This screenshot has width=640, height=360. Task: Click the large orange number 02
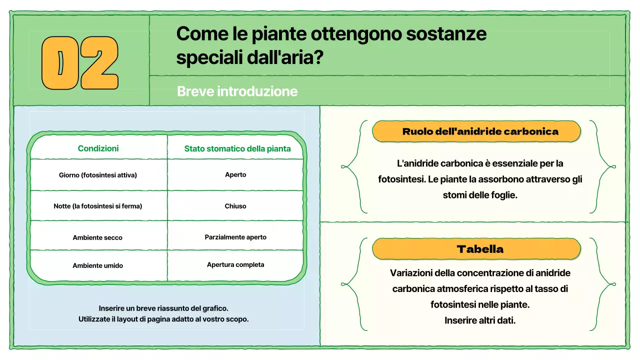pyautogui.click(x=80, y=62)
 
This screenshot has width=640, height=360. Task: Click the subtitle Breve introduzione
pyautogui.click(x=237, y=91)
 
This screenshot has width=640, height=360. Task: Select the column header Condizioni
pyautogui.click(x=98, y=148)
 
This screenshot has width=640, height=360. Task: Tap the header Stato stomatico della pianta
pyautogui.click(x=237, y=148)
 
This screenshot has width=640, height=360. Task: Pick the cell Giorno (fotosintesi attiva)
pyautogui.click(x=98, y=175)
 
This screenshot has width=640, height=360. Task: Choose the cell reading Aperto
pyautogui.click(x=235, y=175)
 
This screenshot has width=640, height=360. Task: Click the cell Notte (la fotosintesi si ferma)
pyautogui.click(x=98, y=206)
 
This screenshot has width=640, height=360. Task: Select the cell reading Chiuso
pyautogui.click(x=235, y=206)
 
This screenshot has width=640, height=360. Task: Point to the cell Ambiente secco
pyautogui.click(x=97, y=237)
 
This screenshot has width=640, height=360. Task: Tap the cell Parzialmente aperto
pyautogui.click(x=235, y=237)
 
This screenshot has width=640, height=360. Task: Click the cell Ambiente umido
pyautogui.click(x=97, y=265)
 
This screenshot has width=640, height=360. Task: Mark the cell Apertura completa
pyautogui.click(x=235, y=264)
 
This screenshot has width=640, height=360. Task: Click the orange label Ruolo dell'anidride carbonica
pyautogui.click(x=480, y=131)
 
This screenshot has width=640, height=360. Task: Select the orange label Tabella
pyautogui.click(x=480, y=249)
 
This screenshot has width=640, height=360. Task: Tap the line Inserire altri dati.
pyautogui.click(x=480, y=320)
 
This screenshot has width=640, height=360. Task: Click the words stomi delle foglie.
pyautogui.click(x=480, y=195)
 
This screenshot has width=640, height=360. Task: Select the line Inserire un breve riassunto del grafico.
pyautogui.click(x=163, y=308)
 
